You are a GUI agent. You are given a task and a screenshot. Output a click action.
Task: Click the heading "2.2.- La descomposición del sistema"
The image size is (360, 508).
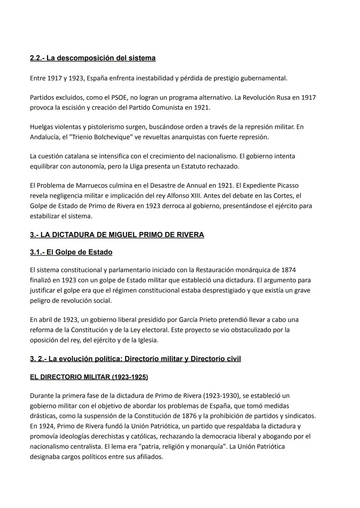(93, 58)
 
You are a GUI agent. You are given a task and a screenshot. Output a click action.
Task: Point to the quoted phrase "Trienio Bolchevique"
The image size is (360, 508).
(99, 137)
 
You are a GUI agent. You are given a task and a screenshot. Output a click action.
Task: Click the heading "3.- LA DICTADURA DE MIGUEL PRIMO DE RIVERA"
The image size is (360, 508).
(117, 235)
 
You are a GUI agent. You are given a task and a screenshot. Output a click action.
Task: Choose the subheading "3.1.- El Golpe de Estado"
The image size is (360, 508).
(71, 252)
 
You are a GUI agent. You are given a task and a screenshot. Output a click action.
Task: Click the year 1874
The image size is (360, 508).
(288, 270)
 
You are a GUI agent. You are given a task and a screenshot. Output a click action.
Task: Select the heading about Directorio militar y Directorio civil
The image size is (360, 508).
(135, 359)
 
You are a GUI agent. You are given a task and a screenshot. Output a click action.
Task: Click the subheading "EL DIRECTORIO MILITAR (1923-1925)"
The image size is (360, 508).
(89, 377)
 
